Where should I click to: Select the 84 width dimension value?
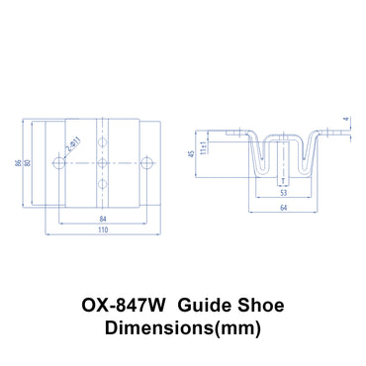[103, 220]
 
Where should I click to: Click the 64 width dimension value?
[283, 210]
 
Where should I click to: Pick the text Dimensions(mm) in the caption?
[183, 322]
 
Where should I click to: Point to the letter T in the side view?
[283, 182]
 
